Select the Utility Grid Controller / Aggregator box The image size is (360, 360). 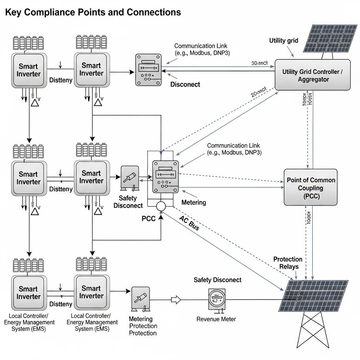pos(313,75)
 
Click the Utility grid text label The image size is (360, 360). pos(284,40)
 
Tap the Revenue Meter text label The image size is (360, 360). pos(216,319)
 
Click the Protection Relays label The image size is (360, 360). pos(288,263)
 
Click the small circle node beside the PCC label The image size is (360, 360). pos(161,206)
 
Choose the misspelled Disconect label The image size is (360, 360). pos(185,84)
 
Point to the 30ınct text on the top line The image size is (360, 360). pos(259,63)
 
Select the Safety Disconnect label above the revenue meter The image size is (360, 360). pos(217,280)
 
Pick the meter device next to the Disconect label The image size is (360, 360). pos(148,70)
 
